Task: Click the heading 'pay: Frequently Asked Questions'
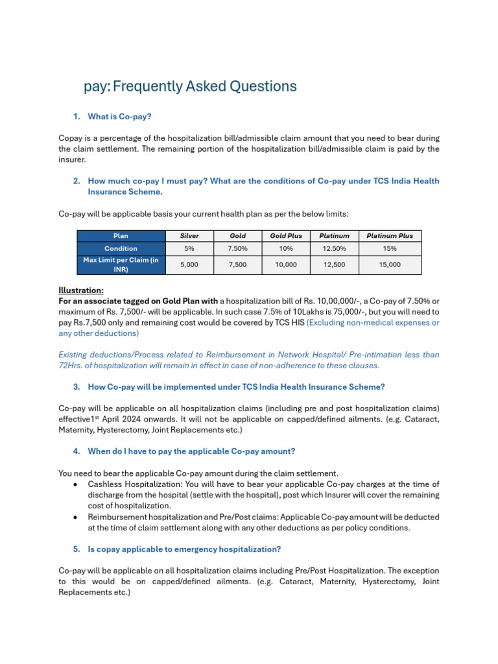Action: click(x=190, y=86)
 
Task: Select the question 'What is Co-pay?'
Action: click(x=119, y=117)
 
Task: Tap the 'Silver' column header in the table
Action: click(x=189, y=236)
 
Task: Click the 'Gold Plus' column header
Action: click(x=286, y=236)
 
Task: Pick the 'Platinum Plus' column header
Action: click(x=390, y=236)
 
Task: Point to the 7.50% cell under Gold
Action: click(x=238, y=248)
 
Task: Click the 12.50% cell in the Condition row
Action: click(x=334, y=248)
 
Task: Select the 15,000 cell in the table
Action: click(x=390, y=265)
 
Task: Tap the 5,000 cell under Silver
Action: click(x=189, y=265)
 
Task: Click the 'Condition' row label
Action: click(x=121, y=248)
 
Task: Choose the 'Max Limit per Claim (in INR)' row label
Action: click(x=121, y=265)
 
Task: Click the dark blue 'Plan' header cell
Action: click(x=121, y=236)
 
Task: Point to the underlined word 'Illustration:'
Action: click(x=81, y=290)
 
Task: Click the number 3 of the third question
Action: click(x=76, y=387)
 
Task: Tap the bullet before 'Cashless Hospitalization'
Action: click(x=77, y=485)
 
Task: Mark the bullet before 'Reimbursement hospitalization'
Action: click(x=77, y=517)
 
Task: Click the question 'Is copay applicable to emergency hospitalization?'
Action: click(x=184, y=549)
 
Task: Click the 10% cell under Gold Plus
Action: click(x=286, y=248)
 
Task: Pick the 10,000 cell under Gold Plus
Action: click(x=286, y=265)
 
